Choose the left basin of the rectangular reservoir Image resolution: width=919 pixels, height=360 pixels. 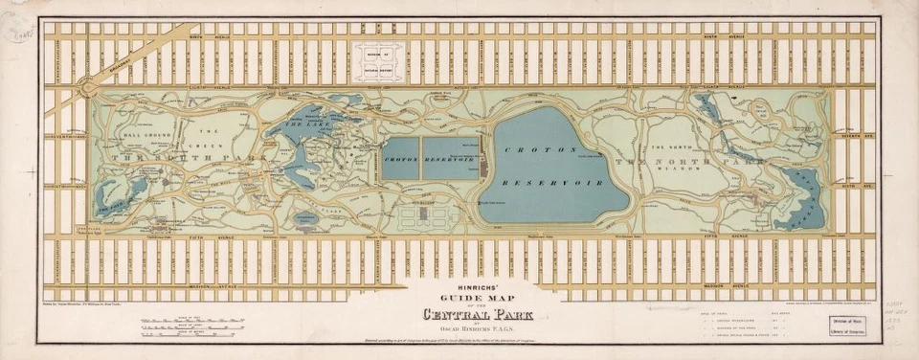(411, 157)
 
